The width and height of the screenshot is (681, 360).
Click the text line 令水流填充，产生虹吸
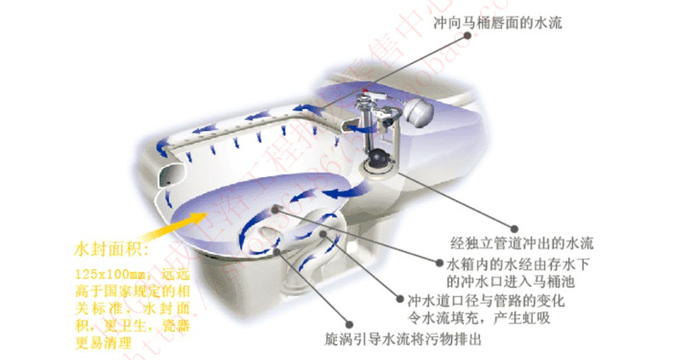tap(481, 319)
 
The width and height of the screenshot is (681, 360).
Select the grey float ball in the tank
tap(421, 111)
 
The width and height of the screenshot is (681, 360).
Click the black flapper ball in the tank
tap(375, 157)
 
